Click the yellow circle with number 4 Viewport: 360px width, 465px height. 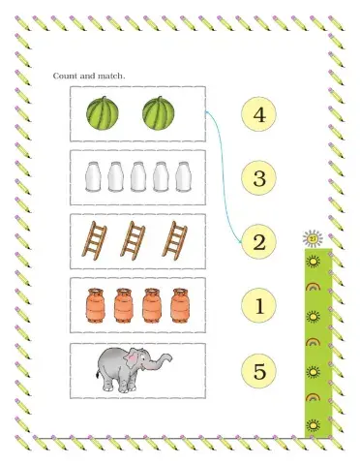tap(257, 115)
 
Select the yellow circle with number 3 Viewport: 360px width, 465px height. tap(257, 178)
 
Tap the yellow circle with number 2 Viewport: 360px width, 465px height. tap(257, 242)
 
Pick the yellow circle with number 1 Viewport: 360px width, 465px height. tap(257, 307)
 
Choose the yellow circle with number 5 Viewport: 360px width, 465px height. tap(257, 370)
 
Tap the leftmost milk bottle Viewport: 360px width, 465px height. tap(94, 177)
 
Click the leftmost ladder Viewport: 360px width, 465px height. tap(94, 240)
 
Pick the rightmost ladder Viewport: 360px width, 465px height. tap(175, 240)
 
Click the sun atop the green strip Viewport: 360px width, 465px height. tap(311, 238)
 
